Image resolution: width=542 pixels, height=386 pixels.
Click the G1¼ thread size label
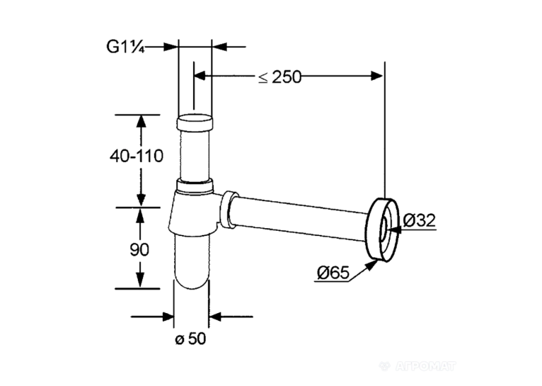[x=125, y=47]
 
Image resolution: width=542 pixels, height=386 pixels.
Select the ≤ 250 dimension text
[x=279, y=76]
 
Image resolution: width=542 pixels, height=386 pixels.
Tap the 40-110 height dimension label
[x=137, y=157]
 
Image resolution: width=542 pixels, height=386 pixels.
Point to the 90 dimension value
[x=139, y=249]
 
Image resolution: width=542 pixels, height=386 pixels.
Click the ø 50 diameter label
[x=190, y=339]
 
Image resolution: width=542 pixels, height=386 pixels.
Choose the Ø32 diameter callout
[x=420, y=220]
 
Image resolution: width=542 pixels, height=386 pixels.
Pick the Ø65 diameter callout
[x=333, y=273]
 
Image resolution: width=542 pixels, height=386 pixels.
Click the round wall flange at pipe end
[x=382, y=229]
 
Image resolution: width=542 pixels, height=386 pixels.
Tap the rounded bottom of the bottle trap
[x=191, y=262]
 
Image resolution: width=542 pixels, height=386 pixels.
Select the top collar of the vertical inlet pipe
[x=195, y=122]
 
